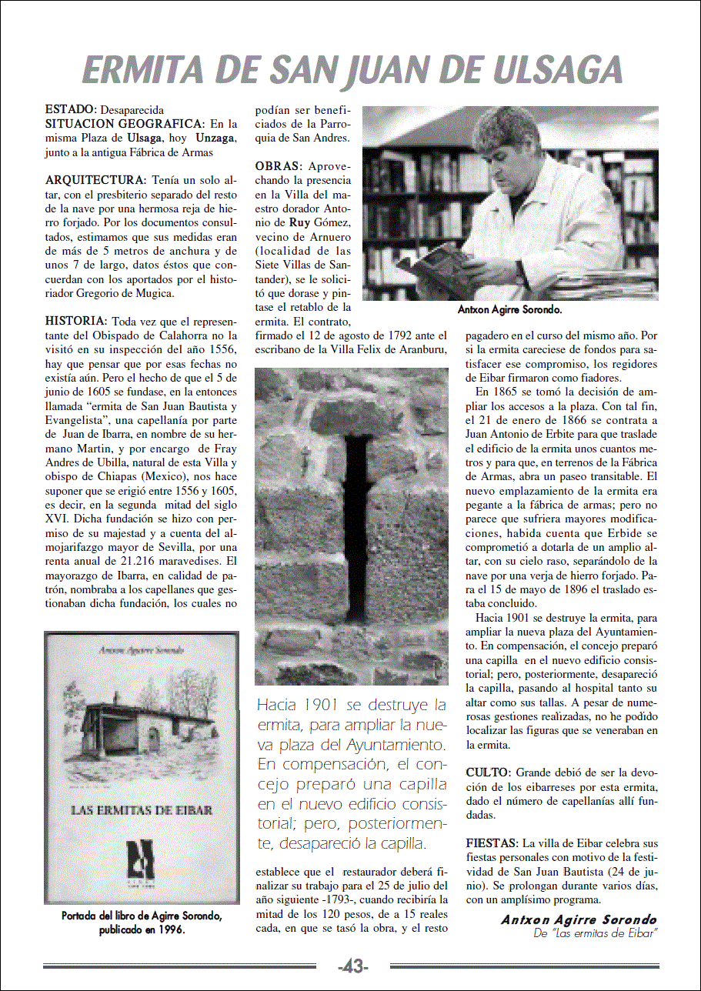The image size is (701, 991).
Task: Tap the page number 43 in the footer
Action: tap(353, 966)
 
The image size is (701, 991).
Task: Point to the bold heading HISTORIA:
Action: tap(76, 320)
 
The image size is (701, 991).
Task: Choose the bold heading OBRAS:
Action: tap(279, 166)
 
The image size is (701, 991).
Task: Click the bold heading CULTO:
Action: tap(488, 772)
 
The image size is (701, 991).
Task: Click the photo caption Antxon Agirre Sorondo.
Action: tap(509, 310)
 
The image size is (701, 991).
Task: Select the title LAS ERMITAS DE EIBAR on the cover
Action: tap(142, 809)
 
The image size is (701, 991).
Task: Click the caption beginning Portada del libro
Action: tap(142, 922)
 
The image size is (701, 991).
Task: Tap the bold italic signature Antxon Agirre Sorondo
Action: tap(579, 920)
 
